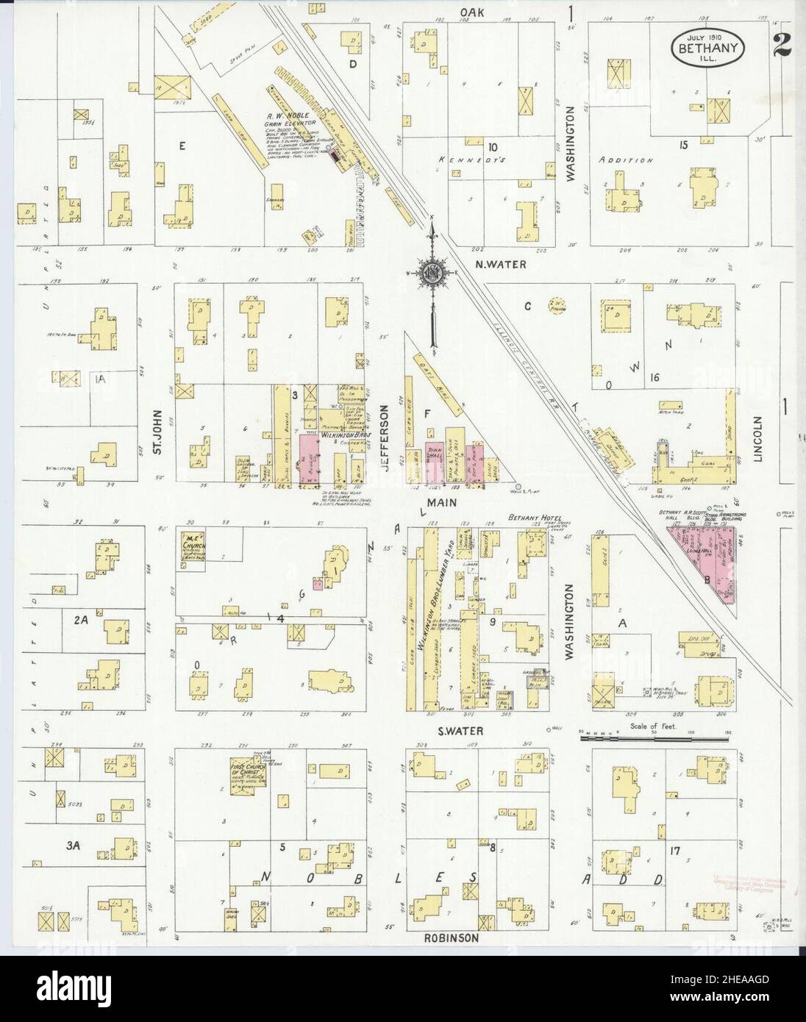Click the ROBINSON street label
point(451,938)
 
